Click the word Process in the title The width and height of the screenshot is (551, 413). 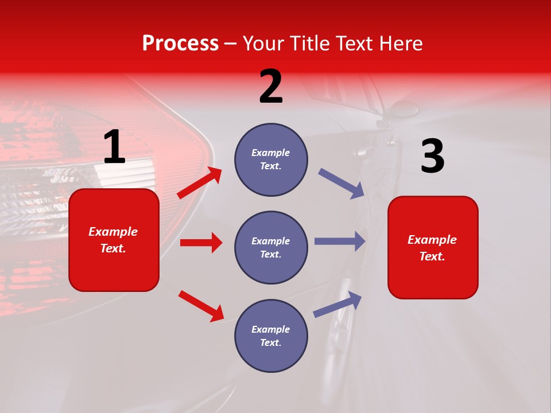[x=180, y=44]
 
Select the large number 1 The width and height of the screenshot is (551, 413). [x=114, y=147]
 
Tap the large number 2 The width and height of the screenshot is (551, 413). [x=271, y=87]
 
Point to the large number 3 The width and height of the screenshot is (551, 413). [x=432, y=157]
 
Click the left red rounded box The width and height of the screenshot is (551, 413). [x=114, y=240]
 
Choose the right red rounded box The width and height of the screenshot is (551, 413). [x=433, y=247]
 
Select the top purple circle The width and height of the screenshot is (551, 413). [x=271, y=159]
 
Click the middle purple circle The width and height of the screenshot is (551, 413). [x=271, y=247]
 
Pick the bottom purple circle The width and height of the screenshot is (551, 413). [x=271, y=336]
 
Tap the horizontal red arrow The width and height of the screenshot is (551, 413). [x=201, y=243]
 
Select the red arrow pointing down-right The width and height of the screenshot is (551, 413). [x=201, y=306]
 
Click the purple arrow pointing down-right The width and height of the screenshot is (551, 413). [x=342, y=184]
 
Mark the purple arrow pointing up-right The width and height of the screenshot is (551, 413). [x=337, y=304]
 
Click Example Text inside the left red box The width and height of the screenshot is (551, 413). [x=113, y=240]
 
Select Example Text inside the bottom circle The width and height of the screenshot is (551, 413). [x=271, y=336]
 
